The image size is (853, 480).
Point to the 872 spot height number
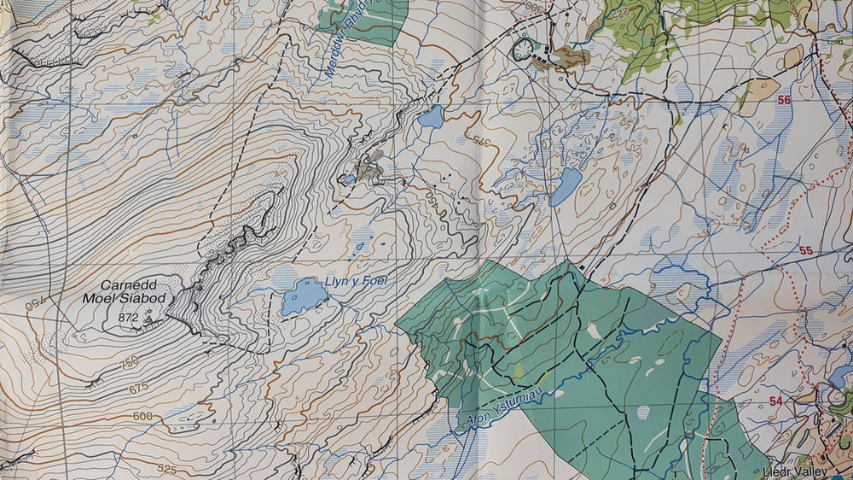point(130,318)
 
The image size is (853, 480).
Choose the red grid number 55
point(805,250)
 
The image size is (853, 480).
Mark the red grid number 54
point(775,401)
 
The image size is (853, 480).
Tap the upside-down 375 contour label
point(482,141)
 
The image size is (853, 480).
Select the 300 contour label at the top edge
point(535,4)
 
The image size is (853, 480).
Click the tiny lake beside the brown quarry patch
point(348,179)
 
